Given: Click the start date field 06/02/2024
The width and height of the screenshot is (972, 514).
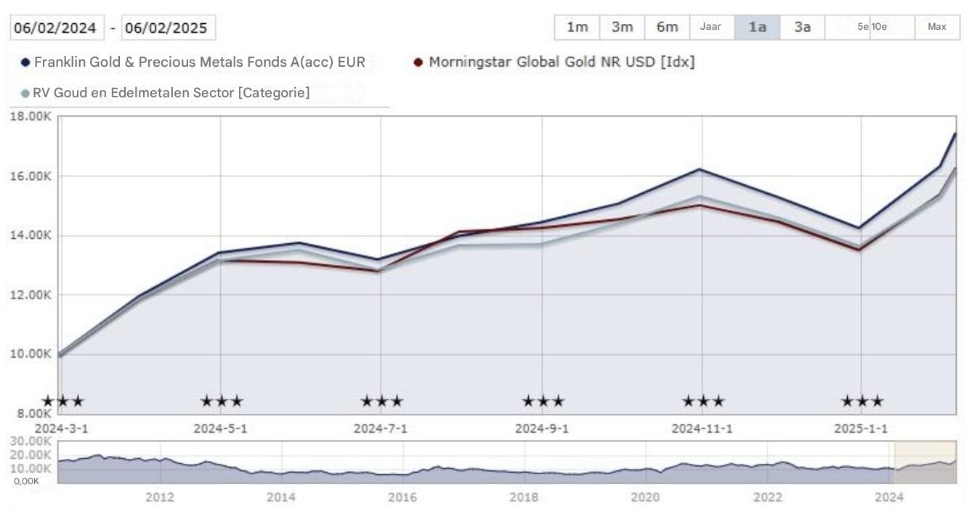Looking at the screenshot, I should point(57,28).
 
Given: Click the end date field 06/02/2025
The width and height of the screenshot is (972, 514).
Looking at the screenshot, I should point(167,28).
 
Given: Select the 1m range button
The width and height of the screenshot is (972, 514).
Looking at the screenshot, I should point(577,27).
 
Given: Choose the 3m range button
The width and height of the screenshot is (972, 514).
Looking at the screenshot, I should point(622,27).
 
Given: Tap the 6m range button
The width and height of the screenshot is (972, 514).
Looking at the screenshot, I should point(667,27).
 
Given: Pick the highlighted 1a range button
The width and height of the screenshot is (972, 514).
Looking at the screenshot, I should point(757,27).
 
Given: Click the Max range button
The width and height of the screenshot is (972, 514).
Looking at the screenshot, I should point(936,27).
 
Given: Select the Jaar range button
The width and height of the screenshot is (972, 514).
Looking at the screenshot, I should point(710,27).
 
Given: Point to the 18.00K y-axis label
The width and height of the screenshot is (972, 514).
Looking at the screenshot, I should point(31,116).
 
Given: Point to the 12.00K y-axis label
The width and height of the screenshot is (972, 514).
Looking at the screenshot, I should point(31,295).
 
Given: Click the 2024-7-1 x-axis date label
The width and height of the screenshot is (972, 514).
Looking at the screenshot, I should point(380,428).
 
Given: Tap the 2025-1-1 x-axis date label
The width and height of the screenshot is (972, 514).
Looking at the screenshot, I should point(861,428).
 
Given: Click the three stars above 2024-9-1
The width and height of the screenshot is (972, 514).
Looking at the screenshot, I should point(543,401).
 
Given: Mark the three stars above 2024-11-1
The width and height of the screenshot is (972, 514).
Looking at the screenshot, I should point(702,401).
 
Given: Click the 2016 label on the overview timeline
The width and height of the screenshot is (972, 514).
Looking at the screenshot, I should point(402,497).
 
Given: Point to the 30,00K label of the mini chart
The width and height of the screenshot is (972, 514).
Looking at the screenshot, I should point(32,441).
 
